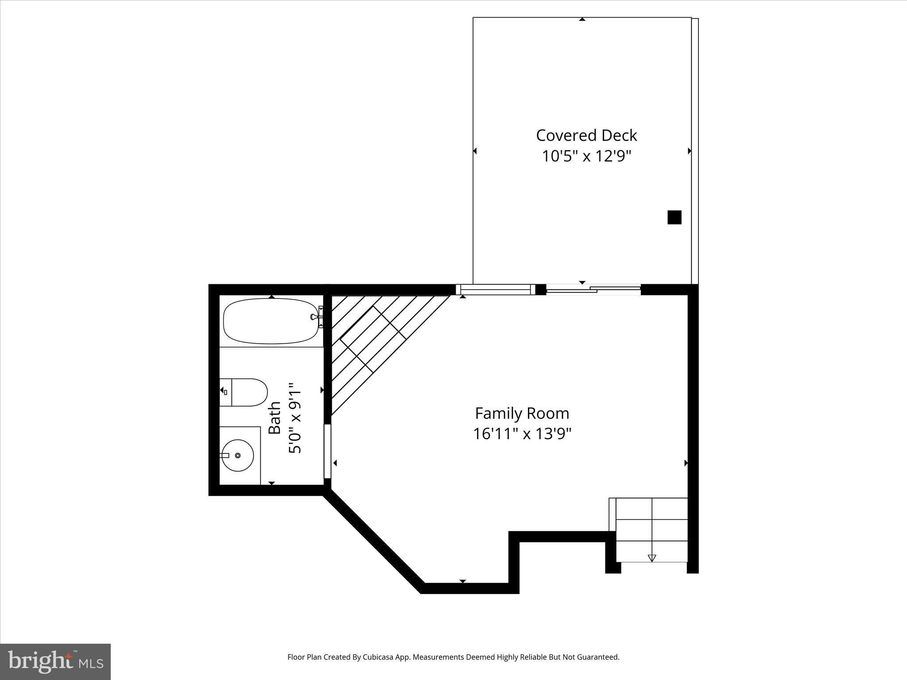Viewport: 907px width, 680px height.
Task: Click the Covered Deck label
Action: [586, 135]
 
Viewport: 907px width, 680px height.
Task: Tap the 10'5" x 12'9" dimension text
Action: [586, 156]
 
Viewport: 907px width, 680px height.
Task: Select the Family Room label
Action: [522, 413]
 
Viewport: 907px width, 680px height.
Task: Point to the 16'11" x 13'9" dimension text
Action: [522, 434]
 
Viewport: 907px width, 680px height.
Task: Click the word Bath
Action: [275, 417]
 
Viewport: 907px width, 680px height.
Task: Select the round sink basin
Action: [238, 456]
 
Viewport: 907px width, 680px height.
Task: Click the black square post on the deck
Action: [674, 217]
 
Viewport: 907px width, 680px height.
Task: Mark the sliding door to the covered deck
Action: [593, 290]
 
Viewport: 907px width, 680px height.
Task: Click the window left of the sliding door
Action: [496, 290]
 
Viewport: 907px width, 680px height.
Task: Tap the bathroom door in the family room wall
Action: [327, 451]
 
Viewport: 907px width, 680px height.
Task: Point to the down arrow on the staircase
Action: [651, 558]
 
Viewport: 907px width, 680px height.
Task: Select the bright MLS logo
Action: [55, 661]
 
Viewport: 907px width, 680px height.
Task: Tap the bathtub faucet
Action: [314, 317]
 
